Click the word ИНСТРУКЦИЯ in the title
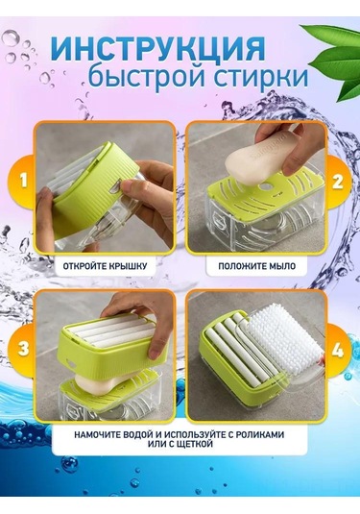(x=157, y=47)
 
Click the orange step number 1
(x=24, y=181)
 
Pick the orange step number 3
(x=24, y=348)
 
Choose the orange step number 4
(x=338, y=350)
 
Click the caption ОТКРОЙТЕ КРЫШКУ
(x=105, y=266)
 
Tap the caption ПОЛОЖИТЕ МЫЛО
(x=257, y=266)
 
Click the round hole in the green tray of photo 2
(x=265, y=186)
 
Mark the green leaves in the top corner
(x=336, y=61)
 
